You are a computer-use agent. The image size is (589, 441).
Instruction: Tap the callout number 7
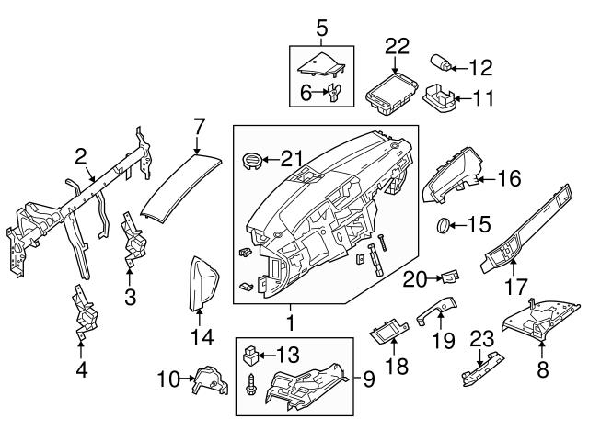pos(198,125)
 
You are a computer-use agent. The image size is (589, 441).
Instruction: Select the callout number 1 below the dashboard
pos(291,323)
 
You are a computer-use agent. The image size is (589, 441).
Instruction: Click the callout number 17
pos(516,287)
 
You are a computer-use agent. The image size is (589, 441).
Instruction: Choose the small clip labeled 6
pos(334,91)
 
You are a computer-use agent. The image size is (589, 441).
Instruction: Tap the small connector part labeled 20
pos(450,276)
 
